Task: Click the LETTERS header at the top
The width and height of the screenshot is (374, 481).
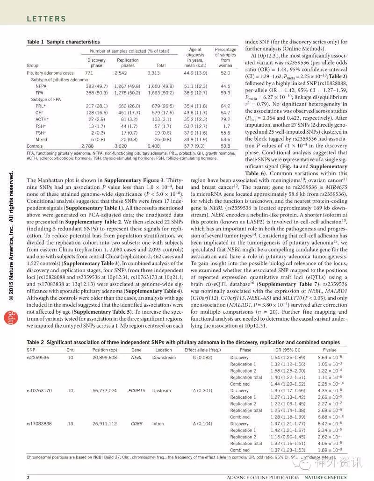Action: [x=46, y=19]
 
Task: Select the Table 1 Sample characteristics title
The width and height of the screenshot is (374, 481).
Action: [x=63, y=42]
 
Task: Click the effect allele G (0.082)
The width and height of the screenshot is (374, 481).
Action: [x=199, y=358]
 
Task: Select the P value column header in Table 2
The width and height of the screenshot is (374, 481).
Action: [x=329, y=349]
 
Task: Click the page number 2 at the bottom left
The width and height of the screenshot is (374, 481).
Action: [x=28, y=477]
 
